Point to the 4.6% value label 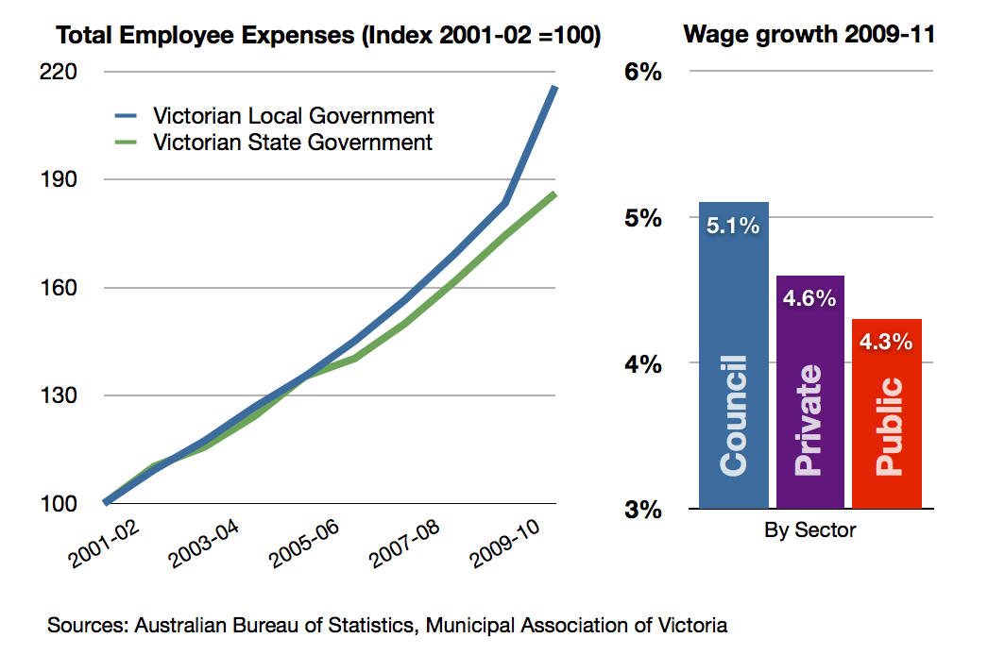809,298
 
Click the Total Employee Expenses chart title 329,36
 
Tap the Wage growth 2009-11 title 809,36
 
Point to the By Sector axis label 809,529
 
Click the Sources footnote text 387,625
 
